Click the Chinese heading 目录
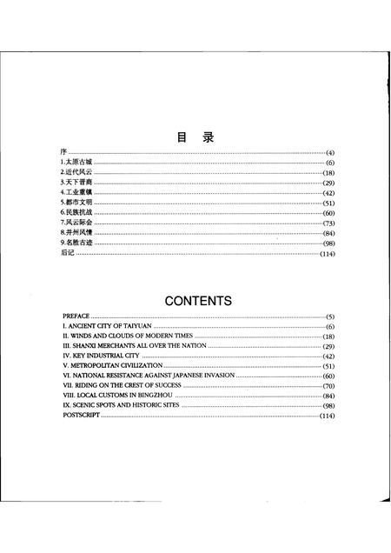click(195, 137)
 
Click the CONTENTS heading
click(198, 301)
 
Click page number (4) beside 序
click(330, 153)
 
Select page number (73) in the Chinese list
click(328, 223)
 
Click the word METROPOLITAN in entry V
click(97, 366)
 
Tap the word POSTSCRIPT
click(82, 416)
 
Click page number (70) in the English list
click(328, 386)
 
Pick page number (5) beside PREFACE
click(330, 316)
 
